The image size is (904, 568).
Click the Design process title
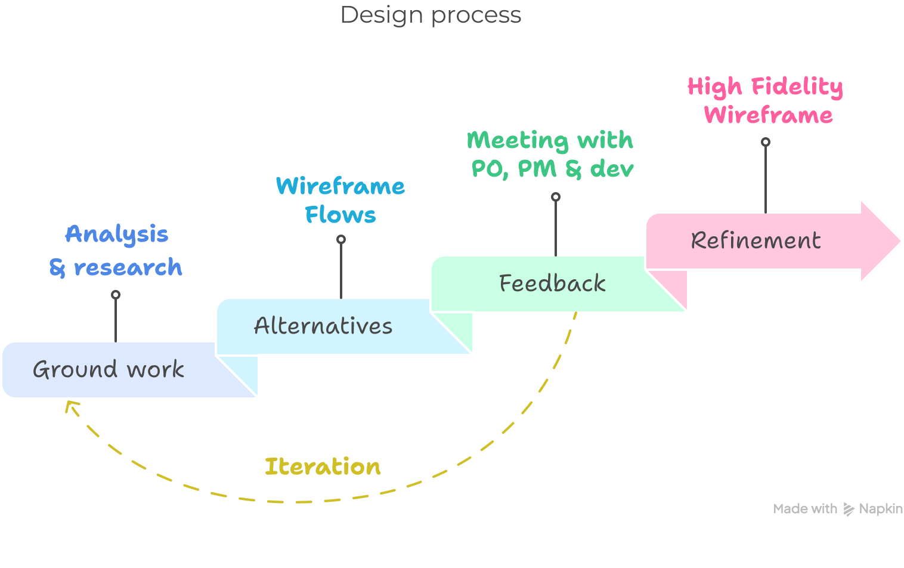tap(431, 15)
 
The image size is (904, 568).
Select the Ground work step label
tap(109, 370)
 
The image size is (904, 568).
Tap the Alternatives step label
tap(323, 326)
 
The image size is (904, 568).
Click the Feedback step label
tap(552, 283)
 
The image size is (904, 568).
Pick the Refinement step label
tap(756, 240)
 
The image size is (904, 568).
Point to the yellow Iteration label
tap(323, 467)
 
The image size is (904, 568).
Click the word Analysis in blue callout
tap(117, 234)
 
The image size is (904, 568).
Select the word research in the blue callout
tap(128, 268)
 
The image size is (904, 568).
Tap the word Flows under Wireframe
tap(340, 215)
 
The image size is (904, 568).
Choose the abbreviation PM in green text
tap(537, 169)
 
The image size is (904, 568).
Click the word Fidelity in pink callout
tap(797, 87)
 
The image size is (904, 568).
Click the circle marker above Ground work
tap(116, 295)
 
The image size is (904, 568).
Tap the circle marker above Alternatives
tap(341, 239)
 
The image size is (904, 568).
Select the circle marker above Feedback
tap(556, 197)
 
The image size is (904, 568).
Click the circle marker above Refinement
tap(766, 142)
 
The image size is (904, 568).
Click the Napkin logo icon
tap(849, 510)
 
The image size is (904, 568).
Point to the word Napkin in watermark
tap(881, 509)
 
